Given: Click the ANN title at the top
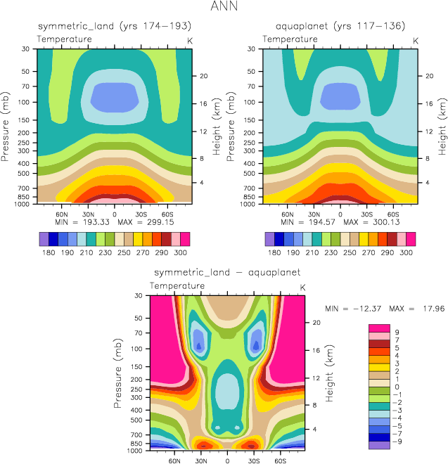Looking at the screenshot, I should click(224, 8).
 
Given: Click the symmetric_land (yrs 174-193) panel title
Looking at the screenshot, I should click(115, 26).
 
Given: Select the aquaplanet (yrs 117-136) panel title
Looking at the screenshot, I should click(340, 26).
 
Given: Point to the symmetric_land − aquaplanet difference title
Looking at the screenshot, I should click(227, 271).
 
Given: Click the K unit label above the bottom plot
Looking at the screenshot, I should click(303, 288).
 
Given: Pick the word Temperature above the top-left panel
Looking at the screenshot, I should click(65, 38).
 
